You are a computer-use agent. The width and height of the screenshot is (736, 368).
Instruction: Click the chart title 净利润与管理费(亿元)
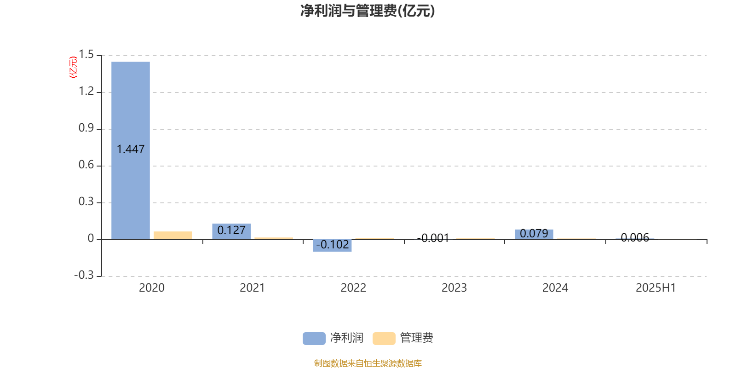(368, 11)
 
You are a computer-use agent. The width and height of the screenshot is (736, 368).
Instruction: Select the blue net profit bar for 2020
(131, 150)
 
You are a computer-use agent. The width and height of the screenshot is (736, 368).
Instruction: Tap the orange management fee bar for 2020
(173, 235)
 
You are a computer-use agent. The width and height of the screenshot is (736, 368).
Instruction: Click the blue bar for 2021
(231, 232)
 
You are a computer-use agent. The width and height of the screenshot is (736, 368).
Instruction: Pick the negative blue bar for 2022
(332, 246)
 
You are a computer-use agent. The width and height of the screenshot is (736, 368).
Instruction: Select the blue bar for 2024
(534, 234)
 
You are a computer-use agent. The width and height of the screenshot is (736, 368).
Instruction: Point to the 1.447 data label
(131, 149)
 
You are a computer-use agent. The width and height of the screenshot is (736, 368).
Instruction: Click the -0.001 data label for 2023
(433, 238)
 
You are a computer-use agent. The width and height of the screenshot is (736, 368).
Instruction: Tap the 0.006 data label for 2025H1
(635, 237)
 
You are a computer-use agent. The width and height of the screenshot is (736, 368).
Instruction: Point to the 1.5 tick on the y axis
(86, 54)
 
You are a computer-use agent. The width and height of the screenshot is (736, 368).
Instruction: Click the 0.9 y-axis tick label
(86, 128)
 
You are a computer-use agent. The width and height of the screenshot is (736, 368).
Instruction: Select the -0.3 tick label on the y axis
(84, 275)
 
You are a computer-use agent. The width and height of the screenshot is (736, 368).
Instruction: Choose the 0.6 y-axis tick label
(86, 165)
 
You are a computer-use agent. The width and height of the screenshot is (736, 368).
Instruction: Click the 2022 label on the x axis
(353, 288)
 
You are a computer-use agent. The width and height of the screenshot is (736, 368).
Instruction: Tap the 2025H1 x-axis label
(656, 288)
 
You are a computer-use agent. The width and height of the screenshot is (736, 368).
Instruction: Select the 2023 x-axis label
(454, 288)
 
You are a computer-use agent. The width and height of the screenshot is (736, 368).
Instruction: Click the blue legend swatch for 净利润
(314, 339)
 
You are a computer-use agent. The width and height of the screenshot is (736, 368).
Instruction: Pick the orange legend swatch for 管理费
(384, 339)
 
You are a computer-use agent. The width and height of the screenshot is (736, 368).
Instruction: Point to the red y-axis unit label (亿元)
(73, 67)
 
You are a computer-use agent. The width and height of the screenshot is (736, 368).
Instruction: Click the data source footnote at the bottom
(368, 363)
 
